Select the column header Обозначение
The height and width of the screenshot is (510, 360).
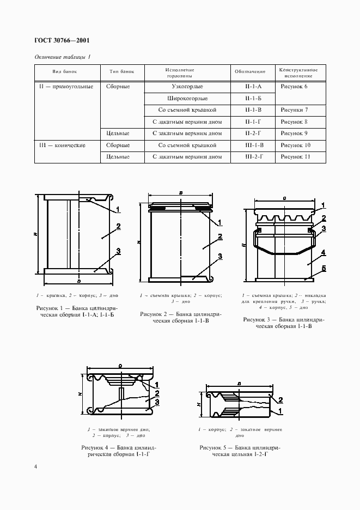[x=250, y=72]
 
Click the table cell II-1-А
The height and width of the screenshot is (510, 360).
[x=253, y=86]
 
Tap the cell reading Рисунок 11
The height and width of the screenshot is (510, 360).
[x=296, y=156]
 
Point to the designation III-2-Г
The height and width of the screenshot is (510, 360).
[x=253, y=156]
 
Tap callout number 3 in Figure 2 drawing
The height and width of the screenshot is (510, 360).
[x=219, y=256]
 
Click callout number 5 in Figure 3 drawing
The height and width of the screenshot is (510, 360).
[x=323, y=268]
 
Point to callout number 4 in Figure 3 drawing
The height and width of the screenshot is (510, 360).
[x=323, y=253]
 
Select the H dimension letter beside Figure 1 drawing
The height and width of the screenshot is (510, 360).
[x=35, y=234]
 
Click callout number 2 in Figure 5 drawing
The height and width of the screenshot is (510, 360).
[x=280, y=399]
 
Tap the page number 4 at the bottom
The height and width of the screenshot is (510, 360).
[x=35, y=466]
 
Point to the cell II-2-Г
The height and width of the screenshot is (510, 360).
[x=253, y=133]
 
